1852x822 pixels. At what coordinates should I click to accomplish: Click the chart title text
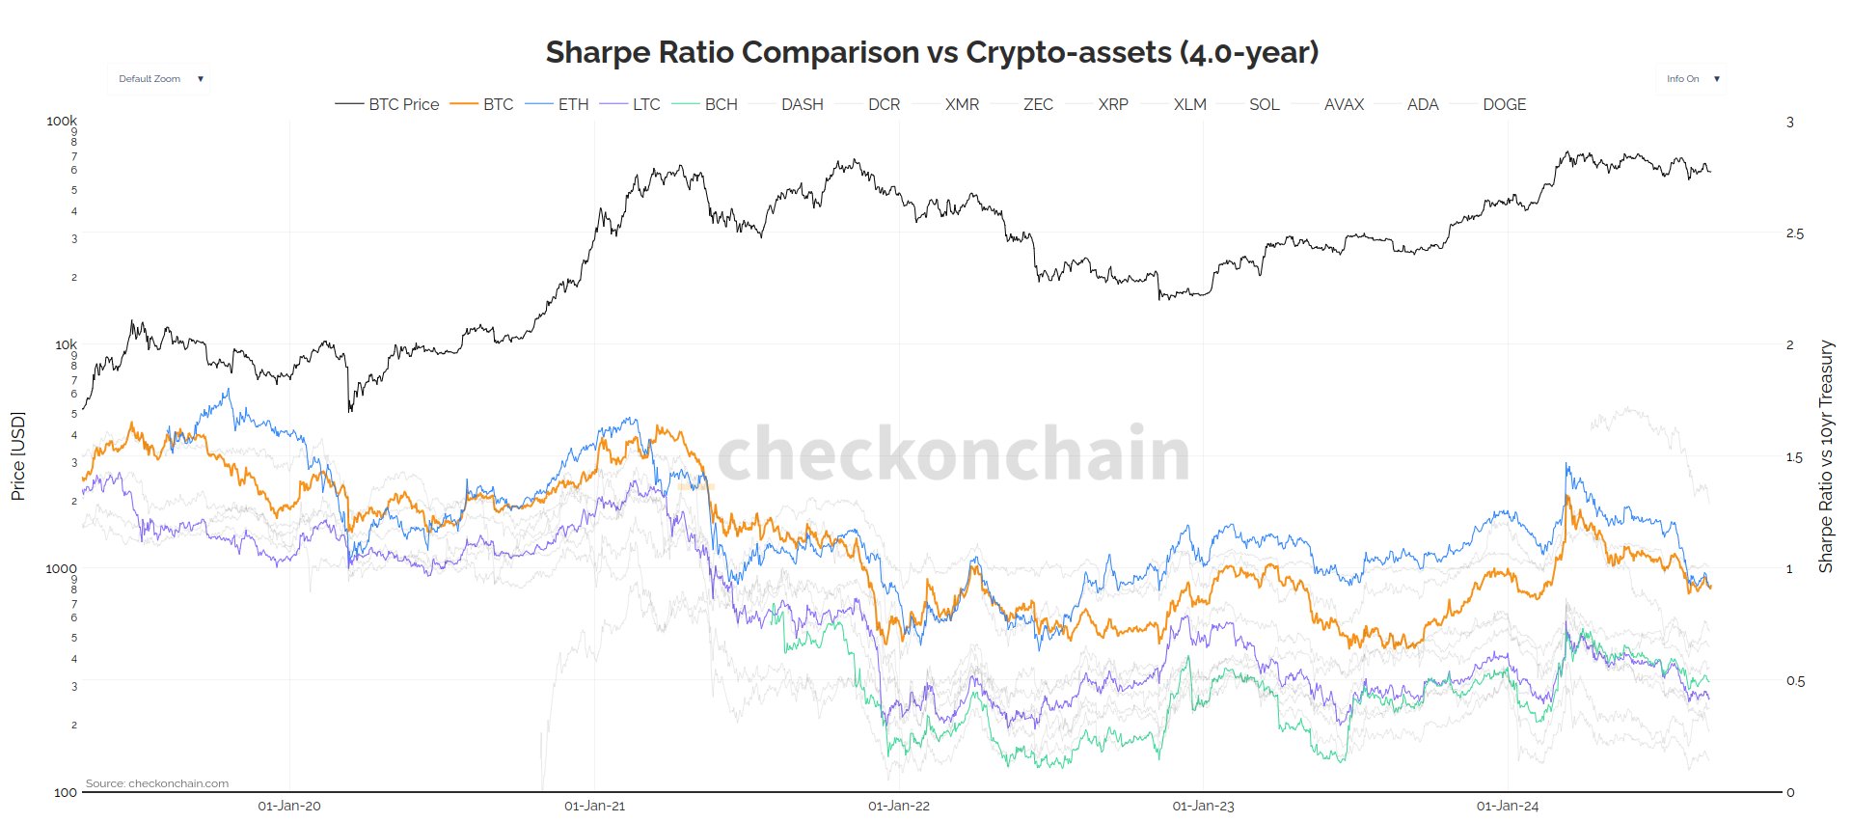(932, 52)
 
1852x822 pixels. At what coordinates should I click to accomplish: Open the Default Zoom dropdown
(159, 79)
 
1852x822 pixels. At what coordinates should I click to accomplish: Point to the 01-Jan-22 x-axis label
(899, 806)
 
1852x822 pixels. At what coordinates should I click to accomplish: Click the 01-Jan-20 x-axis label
(289, 806)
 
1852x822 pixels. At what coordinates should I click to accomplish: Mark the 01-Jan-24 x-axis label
(1508, 806)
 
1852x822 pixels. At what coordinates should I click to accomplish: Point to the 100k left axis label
(62, 121)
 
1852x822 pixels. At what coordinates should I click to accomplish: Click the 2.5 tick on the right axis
(1794, 233)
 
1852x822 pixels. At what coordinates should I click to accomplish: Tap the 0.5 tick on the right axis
(1794, 681)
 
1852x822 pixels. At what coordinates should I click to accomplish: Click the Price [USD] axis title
(17, 456)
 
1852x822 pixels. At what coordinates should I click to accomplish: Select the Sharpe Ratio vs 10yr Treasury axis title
(1825, 456)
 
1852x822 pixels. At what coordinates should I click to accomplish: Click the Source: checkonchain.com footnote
(157, 783)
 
